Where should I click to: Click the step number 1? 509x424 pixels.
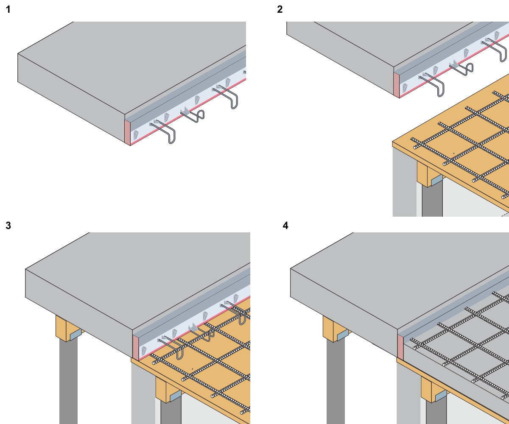(8, 10)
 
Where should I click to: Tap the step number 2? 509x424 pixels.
(280, 10)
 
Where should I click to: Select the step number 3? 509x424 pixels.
(8, 225)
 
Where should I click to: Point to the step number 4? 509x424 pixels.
(285, 225)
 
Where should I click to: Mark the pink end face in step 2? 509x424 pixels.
(397, 85)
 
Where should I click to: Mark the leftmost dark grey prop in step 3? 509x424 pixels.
(68, 382)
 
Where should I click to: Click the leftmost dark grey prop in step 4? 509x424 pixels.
(336, 382)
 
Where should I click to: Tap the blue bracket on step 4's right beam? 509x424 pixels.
(440, 396)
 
